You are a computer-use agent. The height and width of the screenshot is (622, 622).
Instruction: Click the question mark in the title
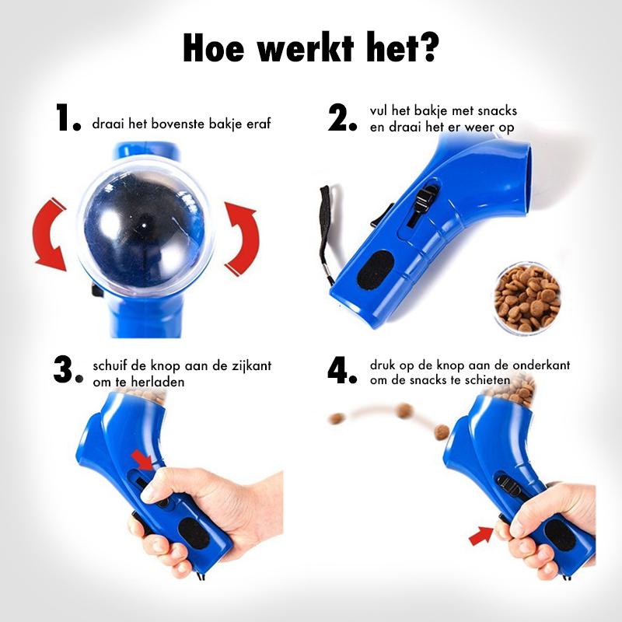point(427,48)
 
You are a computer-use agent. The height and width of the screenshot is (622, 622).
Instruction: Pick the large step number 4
point(341,371)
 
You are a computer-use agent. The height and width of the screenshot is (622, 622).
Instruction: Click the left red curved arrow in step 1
point(47,233)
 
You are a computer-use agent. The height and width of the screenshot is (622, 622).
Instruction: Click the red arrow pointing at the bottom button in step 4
point(482,535)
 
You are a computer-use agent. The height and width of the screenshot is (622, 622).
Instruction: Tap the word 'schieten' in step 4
point(484,380)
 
